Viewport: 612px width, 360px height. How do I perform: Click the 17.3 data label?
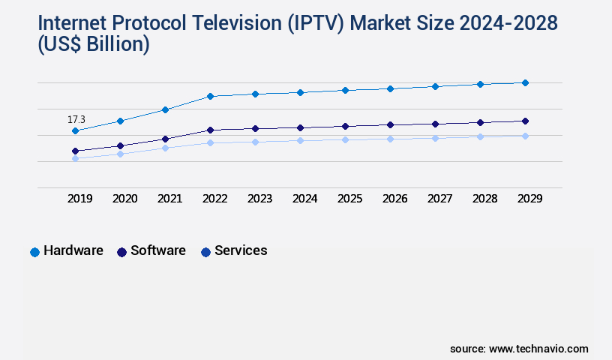[x=76, y=119]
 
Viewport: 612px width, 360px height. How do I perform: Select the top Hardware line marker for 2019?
[x=75, y=131]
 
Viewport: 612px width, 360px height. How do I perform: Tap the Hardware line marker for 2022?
[x=210, y=96]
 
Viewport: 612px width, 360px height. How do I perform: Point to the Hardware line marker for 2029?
[x=525, y=82]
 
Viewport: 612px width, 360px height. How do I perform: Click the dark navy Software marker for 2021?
[x=165, y=139]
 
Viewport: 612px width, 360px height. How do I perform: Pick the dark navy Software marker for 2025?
[x=345, y=126]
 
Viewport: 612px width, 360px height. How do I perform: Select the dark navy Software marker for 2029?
[x=525, y=121]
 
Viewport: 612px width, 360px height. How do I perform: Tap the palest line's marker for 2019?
[x=75, y=158]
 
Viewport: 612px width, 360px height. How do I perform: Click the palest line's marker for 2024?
[x=300, y=140]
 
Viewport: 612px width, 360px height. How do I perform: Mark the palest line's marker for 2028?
[x=480, y=136]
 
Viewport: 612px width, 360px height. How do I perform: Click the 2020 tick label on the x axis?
[x=124, y=199]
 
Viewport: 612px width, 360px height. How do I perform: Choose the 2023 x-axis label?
[x=259, y=199]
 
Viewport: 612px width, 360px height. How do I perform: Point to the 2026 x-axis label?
[x=394, y=199]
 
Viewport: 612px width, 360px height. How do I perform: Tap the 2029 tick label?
[x=529, y=199]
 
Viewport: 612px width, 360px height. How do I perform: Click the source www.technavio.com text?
[x=519, y=349]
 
